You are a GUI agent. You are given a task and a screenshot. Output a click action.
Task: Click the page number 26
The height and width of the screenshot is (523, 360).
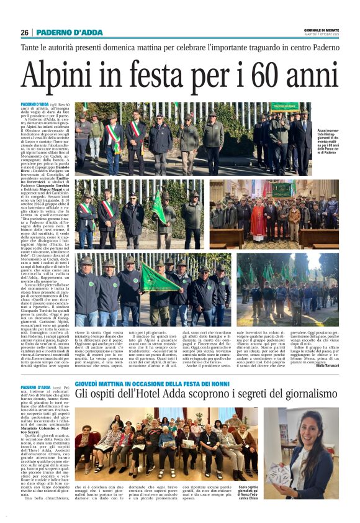(x=24, y=32)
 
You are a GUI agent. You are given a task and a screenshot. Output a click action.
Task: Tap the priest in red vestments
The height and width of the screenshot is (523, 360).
(x=258, y=220)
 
